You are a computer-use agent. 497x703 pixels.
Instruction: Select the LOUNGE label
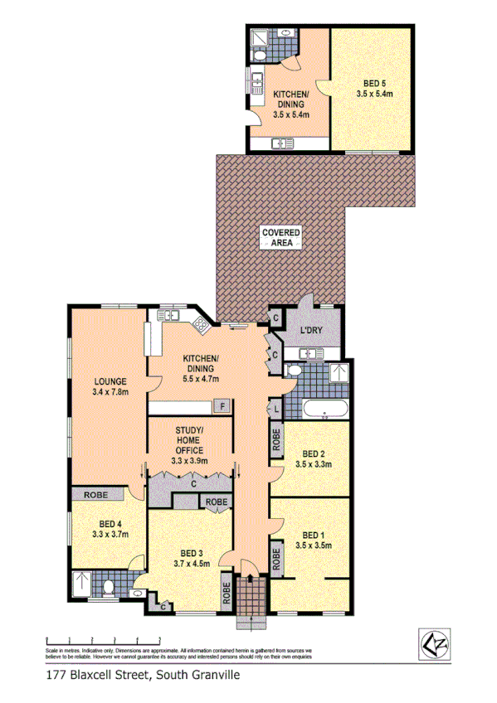110,381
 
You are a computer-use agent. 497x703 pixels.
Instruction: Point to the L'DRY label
311,332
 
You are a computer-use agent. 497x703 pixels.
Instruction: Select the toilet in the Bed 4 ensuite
110,588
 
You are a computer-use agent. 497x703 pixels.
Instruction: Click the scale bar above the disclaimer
103,639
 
